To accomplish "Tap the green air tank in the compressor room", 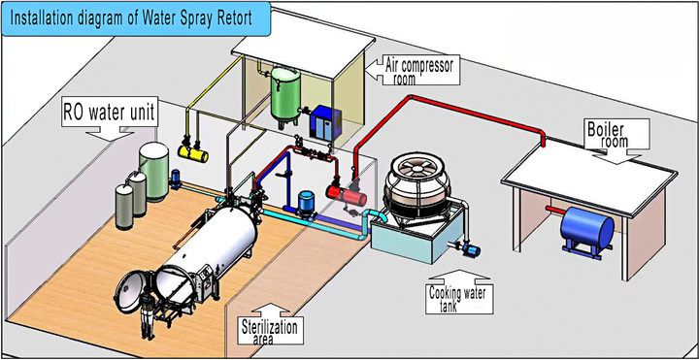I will tap(284, 92).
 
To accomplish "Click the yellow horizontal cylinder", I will tap(195, 151).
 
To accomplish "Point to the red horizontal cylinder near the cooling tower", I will tap(344, 193).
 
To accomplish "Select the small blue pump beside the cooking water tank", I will tap(474, 248).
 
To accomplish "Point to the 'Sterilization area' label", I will tap(271, 331).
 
